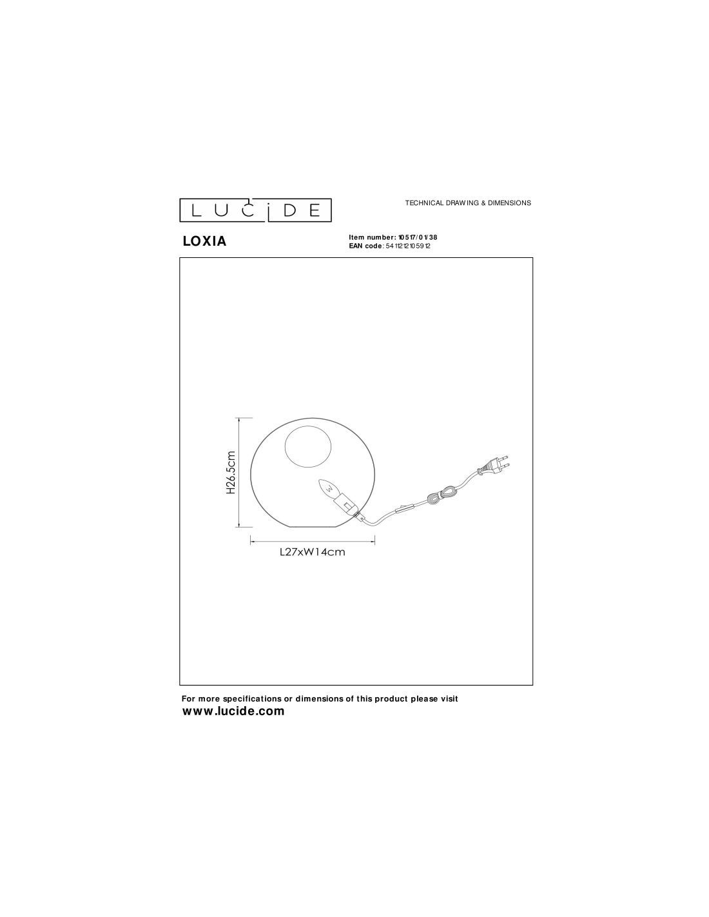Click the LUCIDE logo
point(255,210)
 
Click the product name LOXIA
point(204,241)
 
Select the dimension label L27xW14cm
point(313,553)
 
